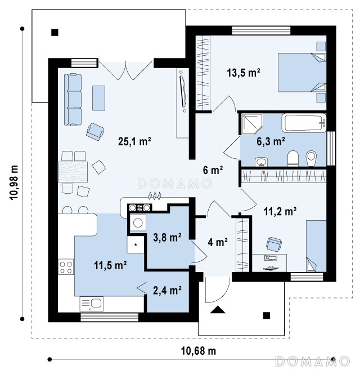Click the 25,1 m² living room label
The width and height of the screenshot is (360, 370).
134,141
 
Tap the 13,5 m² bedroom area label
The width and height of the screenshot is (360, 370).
244,73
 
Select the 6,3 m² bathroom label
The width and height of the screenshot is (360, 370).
271,141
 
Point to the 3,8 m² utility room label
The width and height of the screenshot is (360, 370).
167,237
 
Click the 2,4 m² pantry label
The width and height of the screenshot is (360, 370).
167,290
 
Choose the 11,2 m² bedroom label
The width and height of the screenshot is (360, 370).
280,211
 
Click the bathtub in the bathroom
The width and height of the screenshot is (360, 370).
304,123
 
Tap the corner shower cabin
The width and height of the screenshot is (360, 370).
252,124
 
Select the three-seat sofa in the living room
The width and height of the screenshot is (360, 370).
73,99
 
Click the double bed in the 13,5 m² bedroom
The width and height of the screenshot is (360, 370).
302,73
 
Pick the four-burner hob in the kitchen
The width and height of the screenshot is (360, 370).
66,267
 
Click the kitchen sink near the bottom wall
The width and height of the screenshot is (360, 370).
92,304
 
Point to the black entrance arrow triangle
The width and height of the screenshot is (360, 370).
217,310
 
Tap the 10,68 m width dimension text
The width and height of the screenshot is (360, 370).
198,351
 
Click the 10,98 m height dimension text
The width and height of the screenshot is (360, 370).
14,182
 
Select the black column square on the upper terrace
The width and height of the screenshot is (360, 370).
55,32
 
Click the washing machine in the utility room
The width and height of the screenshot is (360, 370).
138,223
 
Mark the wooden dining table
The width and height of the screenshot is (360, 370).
73,172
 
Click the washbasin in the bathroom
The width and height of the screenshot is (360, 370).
261,162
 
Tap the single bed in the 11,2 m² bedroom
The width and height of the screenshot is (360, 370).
316,246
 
